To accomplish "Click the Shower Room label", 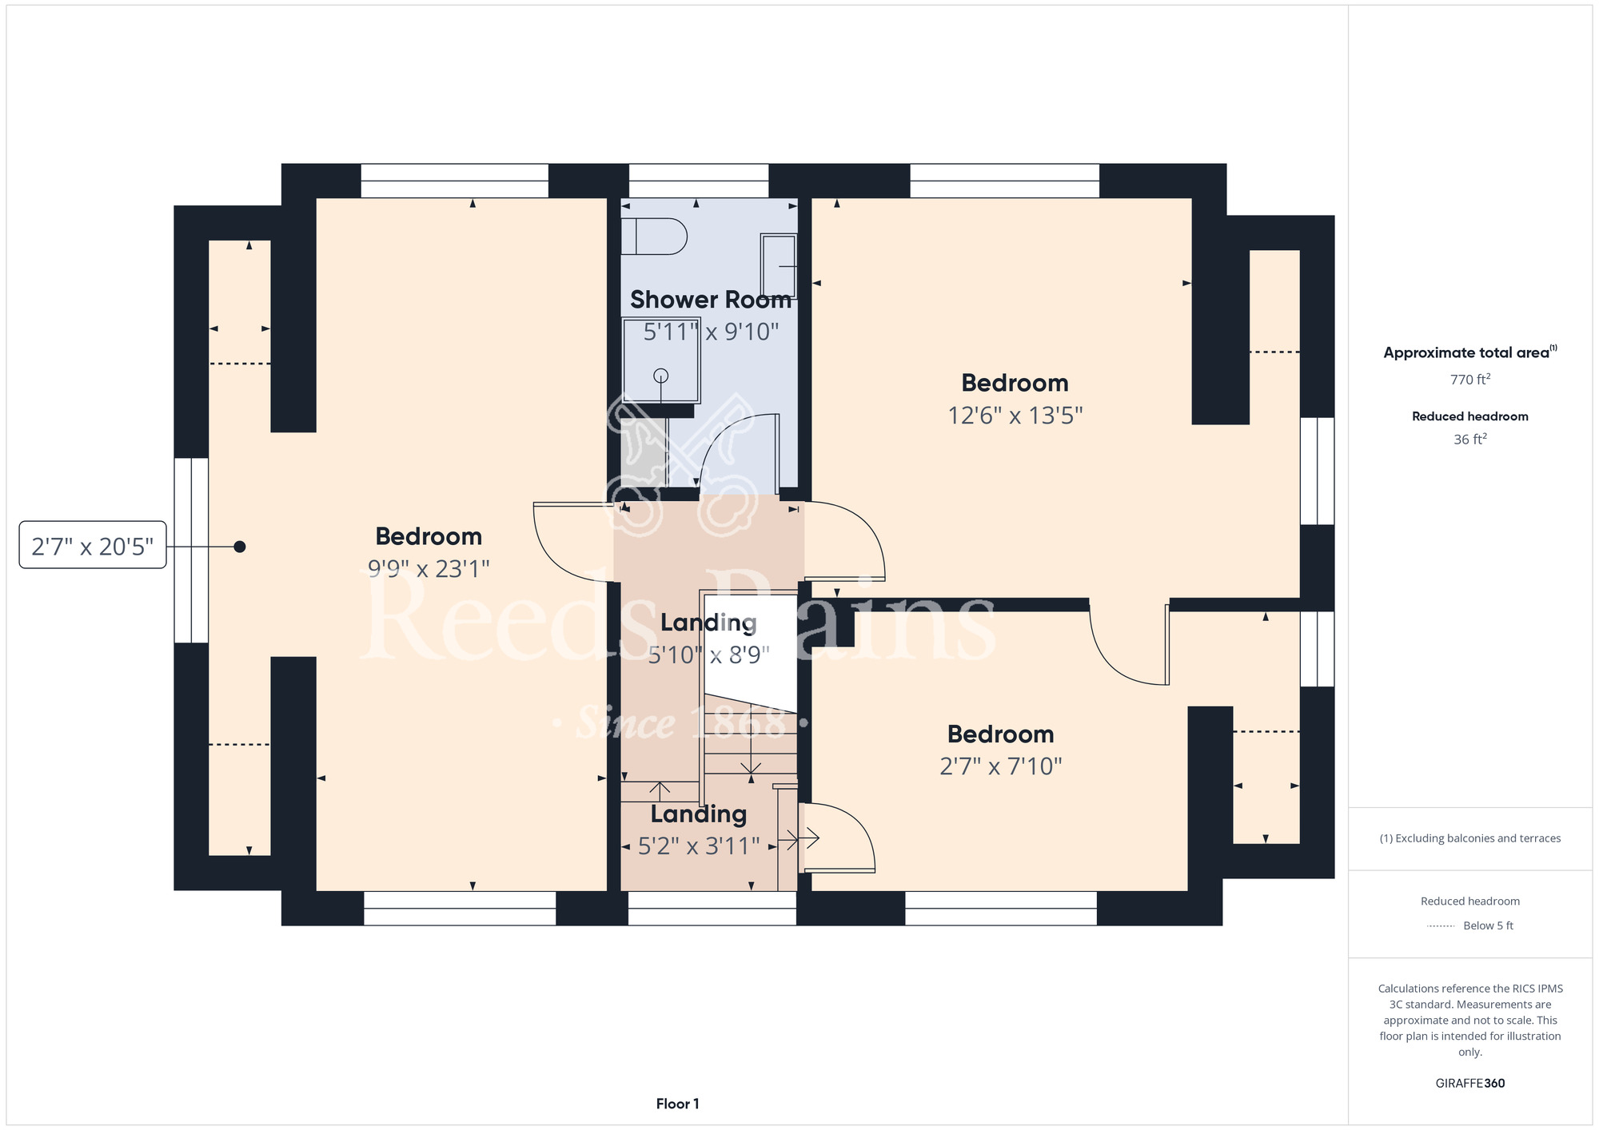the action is (x=711, y=300).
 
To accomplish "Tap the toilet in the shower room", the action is (x=654, y=236).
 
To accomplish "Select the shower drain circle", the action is (x=660, y=376).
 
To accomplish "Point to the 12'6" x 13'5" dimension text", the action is (x=1015, y=416).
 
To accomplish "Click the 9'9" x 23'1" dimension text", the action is (x=429, y=569).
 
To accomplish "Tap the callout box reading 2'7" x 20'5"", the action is (x=93, y=546).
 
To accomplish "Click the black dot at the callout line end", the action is (x=240, y=547).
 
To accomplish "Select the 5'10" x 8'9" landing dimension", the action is (x=708, y=655).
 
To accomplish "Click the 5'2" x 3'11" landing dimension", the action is (x=699, y=846).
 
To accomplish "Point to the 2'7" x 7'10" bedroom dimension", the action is (x=1001, y=766).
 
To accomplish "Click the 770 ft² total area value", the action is (x=1470, y=380).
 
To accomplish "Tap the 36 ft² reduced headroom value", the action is (x=1470, y=440).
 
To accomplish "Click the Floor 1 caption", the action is (x=677, y=1104).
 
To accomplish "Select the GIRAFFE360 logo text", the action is (x=1470, y=1084).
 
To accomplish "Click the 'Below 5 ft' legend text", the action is (x=1488, y=925).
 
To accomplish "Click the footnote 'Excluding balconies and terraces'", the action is (x=1470, y=838).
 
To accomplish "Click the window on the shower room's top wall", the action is (x=699, y=181).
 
